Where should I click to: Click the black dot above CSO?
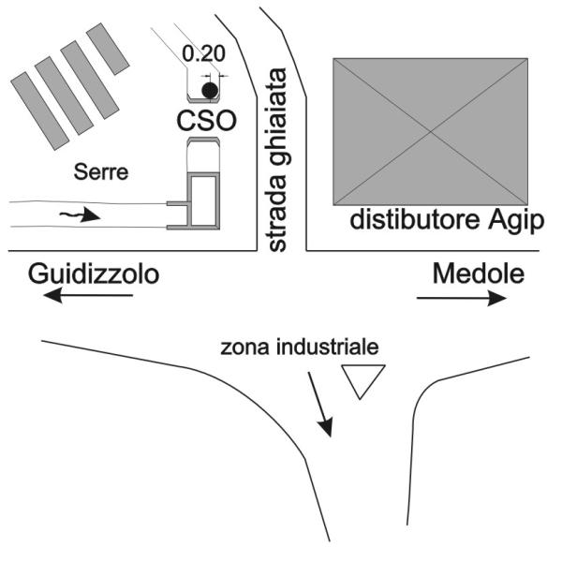click(210, 90)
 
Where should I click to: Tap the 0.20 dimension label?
click(203, 53)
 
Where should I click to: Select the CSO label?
click(207, 121)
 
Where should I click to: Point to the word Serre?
click(101, 172)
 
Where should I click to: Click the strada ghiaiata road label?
click(278, 160)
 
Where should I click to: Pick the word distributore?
click(415, 219)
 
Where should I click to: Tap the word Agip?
click(516, 221)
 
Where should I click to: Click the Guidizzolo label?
click(94, 274)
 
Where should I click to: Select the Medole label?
click(479, 274)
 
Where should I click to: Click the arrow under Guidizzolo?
click(88, 296)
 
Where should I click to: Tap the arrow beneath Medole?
click(462, 298)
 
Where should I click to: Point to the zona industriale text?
click(300, 348)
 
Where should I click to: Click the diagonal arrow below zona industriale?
click(320, 405)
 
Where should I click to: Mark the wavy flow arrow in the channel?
click(80, 214)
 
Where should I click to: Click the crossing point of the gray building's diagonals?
click(431, 132)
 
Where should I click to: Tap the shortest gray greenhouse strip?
click(108, 49)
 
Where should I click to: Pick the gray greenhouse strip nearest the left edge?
click(39, 111)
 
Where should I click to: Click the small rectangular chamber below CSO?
click(203, 200)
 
